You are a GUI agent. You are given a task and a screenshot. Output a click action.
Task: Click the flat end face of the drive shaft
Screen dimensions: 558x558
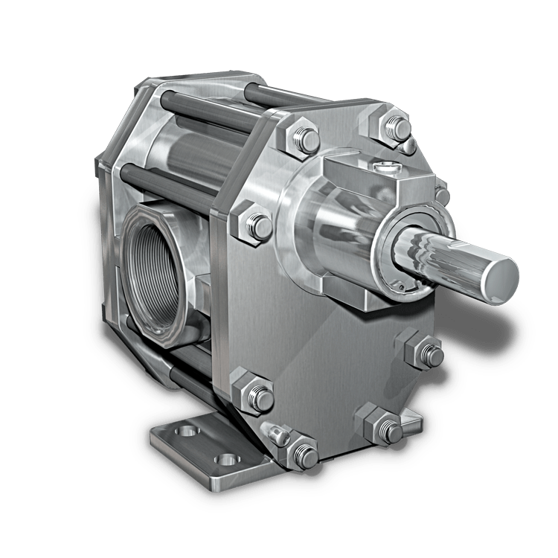[499, 276]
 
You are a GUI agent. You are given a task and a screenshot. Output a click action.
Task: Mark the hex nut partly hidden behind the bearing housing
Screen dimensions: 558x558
[442, 195]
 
